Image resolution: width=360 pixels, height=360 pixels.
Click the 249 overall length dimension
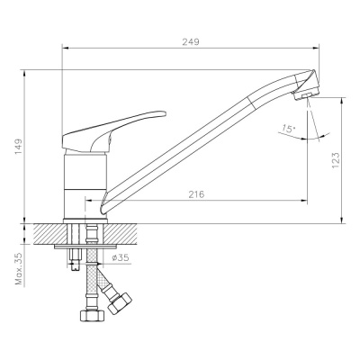point(190,41)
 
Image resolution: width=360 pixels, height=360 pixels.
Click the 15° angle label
point(287,128)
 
